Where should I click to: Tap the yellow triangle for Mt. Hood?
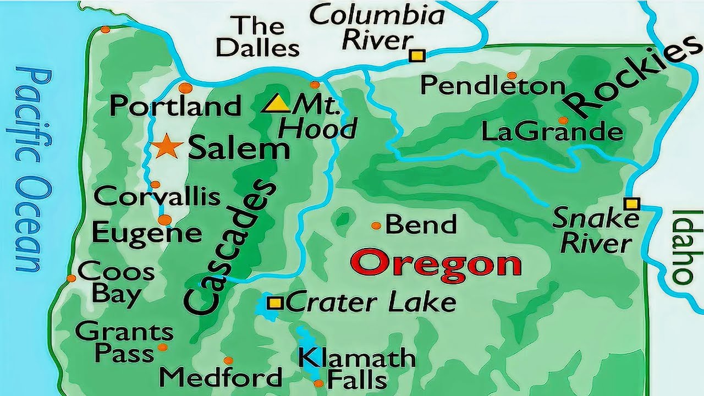pos(276,104)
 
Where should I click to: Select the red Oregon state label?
pos(436,263)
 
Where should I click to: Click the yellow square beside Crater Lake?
pos(275,302)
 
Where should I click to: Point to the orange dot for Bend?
pos(376,226)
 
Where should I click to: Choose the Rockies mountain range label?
pos(627,80)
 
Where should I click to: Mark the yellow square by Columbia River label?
pos(417,56)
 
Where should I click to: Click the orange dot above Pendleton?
pos(512,75)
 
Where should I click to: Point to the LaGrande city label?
pos(552,132)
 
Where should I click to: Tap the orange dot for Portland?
pos(186,87)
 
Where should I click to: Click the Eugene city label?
pos(147,233)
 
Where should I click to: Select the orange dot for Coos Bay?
pos(71,278)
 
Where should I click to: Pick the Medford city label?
pos(221,377)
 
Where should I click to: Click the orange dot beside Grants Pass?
pos(162,347)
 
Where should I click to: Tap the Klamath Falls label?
pos(356,369)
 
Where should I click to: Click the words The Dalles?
pos(257,36)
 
